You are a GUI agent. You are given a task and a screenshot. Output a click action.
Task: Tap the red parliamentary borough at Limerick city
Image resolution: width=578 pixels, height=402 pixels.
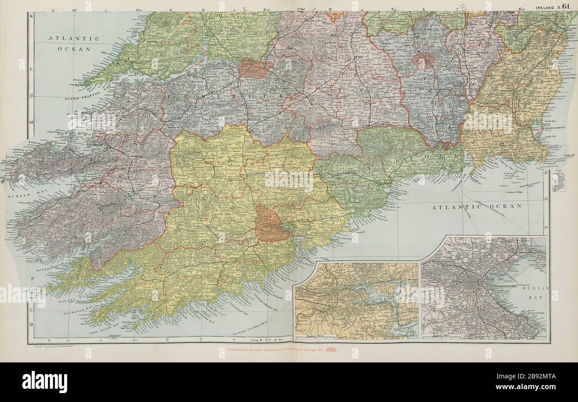(255, 68)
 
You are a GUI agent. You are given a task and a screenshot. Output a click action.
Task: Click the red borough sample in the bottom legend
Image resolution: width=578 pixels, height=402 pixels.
(331, 350)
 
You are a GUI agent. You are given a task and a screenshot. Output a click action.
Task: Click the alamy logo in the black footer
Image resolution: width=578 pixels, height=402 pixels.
(44, 382)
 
